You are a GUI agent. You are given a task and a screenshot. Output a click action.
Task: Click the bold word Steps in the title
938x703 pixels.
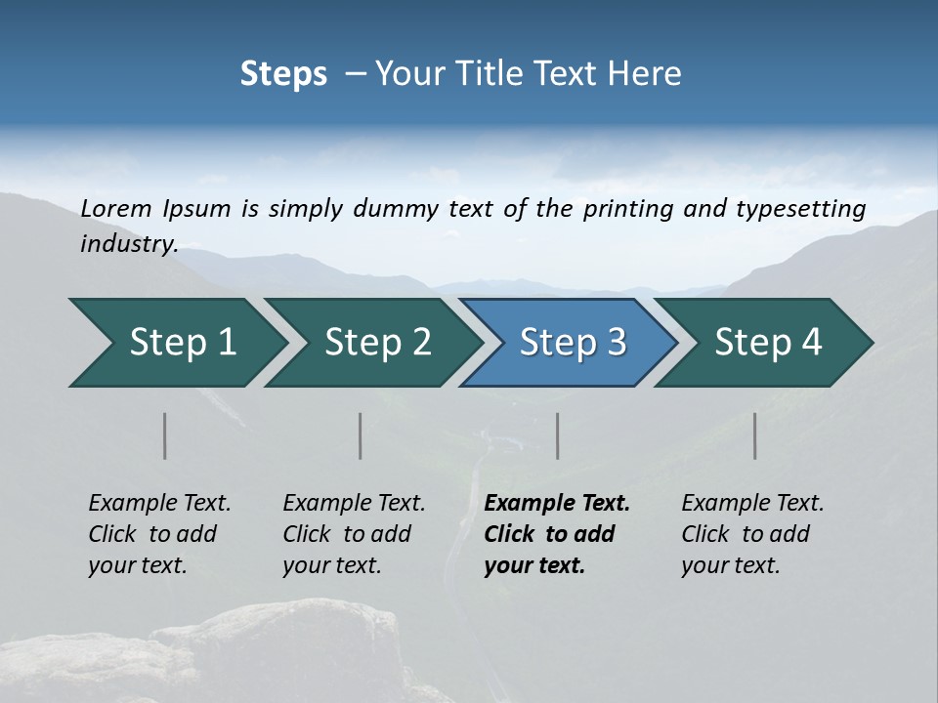coord(283,74)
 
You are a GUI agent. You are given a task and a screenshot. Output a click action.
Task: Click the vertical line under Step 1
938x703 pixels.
coord(165,435)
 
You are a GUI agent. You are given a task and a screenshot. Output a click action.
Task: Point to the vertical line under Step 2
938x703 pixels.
coord(361,435)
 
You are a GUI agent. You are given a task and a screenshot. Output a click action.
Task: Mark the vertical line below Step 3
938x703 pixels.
coord(557,435)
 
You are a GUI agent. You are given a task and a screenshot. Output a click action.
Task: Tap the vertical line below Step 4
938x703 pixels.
coord(755,435)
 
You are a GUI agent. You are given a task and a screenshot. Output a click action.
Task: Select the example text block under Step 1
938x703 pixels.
coord(159,534)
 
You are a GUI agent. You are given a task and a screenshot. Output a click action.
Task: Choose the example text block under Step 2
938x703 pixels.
coord(354,534)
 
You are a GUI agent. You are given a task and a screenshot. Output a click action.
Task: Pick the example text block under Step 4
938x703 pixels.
coord(752,534)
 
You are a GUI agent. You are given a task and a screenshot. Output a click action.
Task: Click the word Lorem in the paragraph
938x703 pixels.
coord(116,208)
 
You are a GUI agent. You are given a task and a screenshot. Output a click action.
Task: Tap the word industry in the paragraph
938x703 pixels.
coord(129,244)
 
